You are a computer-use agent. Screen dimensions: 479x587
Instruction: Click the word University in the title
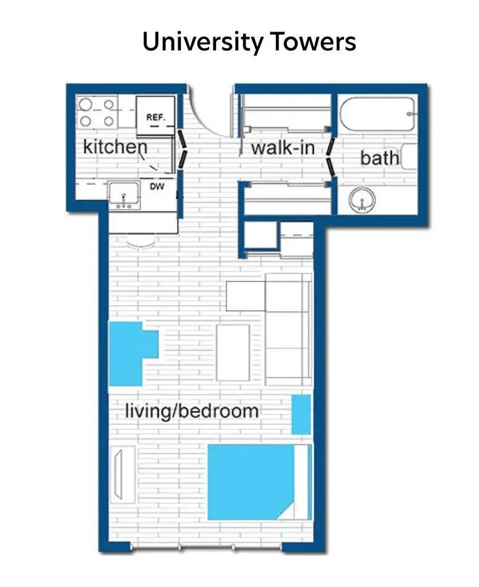[202, 42]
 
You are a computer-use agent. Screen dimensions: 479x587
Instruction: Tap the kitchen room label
[115, 147]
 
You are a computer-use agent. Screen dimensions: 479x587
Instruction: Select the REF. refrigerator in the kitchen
[155, 116]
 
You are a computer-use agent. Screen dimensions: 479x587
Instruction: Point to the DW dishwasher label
[157, 186]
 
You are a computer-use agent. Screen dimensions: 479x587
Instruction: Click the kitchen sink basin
[124, 195]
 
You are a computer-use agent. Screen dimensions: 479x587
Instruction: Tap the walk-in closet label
[283, 148]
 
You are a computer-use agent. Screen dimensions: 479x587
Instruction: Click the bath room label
[379, 158]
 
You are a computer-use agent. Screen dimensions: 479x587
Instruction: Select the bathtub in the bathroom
[378, 114]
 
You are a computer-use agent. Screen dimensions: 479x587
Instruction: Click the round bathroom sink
[362, 199]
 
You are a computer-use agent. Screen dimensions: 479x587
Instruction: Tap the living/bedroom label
[192, 411]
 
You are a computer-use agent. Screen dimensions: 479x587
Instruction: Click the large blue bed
[259, 482]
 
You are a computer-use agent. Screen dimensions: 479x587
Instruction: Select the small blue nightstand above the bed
[301, 414]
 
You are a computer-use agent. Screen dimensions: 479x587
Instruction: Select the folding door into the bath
[330, 156]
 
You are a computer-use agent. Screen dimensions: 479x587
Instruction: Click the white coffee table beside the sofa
[233, 353]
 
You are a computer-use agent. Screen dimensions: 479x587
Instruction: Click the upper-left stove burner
[85, 104]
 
